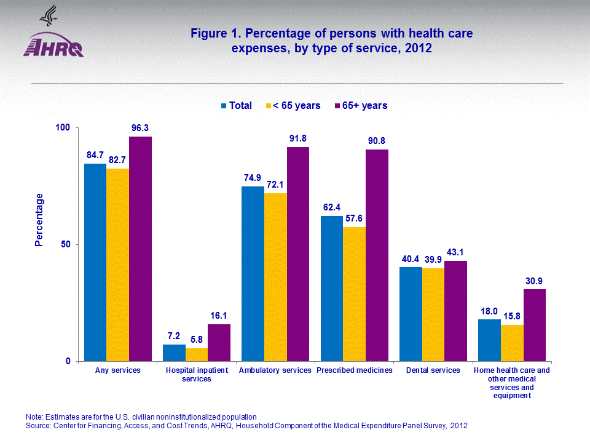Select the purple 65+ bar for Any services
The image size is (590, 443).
140,249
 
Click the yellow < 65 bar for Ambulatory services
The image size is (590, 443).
275,277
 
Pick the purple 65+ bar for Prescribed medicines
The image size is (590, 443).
377,255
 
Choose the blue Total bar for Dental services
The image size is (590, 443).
411,314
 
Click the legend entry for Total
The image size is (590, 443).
236,106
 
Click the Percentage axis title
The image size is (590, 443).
39,220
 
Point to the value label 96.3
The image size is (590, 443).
141,128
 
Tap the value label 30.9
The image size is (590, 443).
535,281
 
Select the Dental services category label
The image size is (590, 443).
433,370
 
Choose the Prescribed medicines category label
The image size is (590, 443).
354,370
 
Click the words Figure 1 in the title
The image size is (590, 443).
213,34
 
